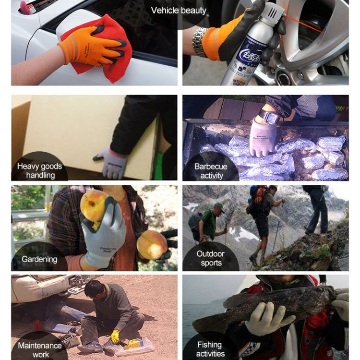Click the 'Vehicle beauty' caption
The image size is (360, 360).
pos(179,10)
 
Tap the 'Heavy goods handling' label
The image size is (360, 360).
pos(40,171)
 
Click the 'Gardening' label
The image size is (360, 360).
pos(39,259)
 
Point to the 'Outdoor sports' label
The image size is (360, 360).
pos(211,258)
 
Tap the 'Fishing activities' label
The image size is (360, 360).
pos(210,349)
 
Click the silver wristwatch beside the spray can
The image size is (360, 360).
pos(200,41)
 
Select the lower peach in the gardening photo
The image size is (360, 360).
pos(152,244)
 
